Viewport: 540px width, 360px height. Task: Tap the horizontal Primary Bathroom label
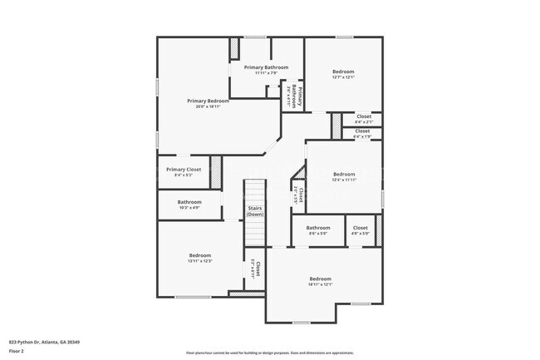tap(266, 67)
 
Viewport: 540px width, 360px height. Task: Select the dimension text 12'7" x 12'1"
tap(343, 77)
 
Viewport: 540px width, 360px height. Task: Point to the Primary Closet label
tap(183, 170)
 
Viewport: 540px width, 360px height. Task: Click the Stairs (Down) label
tap(255, 211)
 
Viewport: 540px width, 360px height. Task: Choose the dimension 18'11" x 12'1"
tap(320, 284)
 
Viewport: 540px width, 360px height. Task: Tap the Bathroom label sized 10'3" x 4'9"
tap(189, 202)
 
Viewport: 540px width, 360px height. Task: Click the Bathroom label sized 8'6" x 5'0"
tap(318, 228)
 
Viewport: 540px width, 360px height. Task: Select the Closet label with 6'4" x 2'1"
tap(363, 116)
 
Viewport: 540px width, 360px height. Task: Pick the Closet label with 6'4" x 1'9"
tap(362, 131)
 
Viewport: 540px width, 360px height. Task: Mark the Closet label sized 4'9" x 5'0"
tap(360, 228)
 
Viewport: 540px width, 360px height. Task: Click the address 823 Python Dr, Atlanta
tap(44, 342)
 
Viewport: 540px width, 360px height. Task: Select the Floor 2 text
tap(17, 351)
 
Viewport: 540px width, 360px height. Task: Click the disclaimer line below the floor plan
tap(269, 353)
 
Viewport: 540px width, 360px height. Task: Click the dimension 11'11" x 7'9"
tap(266, 73)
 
